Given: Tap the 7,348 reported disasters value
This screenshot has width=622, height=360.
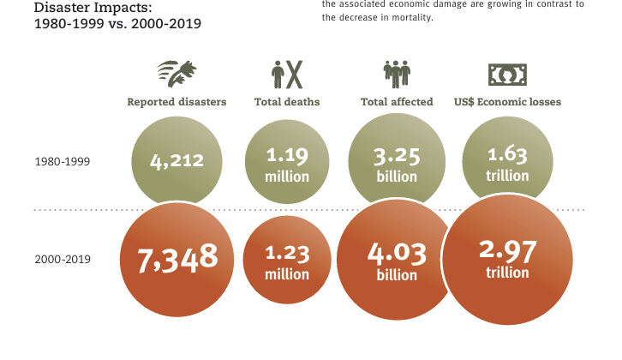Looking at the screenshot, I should click(178, 258).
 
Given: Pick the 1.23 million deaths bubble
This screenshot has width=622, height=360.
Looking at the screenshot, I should click(287, 262).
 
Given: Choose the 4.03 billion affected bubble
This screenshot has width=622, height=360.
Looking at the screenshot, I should click(397, 262).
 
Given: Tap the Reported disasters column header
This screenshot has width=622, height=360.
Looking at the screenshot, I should click(176, 102).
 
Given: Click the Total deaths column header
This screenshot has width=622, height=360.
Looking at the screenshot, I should click(287, 102).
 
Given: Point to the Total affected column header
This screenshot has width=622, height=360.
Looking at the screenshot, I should click(397, 102).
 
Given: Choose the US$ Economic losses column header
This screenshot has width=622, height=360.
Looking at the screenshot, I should click(507, 102).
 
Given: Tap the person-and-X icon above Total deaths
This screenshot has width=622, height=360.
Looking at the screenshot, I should click(287, 74).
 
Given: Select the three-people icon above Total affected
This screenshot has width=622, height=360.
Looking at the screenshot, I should click(398, 74).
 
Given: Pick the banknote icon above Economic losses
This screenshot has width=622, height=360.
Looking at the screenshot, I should click(507, 74).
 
